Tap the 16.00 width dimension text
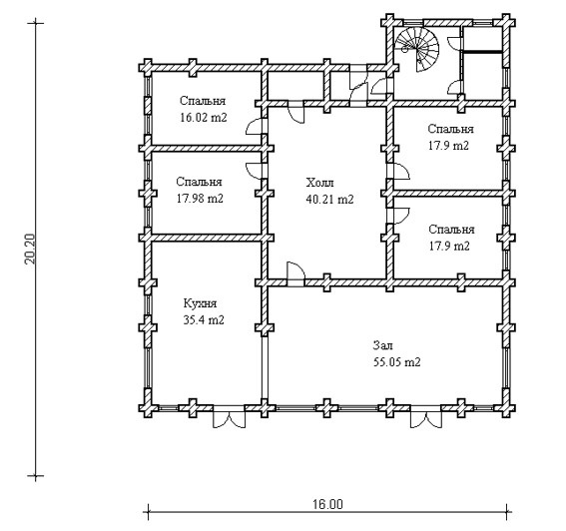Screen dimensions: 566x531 (x=327, y=504)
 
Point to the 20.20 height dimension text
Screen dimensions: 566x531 (x=31, y=249)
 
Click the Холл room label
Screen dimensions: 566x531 (x=319, y=183)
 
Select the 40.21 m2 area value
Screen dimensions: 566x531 (x=329, y=199)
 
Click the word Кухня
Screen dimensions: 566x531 (x=200, y=303)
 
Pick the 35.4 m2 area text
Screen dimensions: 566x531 (x=204, y=319)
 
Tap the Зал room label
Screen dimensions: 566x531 (x=383, y=345)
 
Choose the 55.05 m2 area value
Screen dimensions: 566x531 (x=396, y=361)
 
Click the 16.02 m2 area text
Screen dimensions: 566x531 (x=204, y=118)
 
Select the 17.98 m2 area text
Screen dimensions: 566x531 (x=200, y=199)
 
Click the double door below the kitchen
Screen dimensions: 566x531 (x=229, y=417)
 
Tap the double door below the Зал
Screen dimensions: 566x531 (x=425, y=417)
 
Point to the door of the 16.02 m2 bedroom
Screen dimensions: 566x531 (x=257, y=126)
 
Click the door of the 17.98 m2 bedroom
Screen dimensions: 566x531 (x=257, y=171)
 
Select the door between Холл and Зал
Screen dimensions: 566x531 (x=296, y=273)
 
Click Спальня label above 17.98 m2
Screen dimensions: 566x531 (x=199, y=182)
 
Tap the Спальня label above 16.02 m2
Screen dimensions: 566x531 (x=203, y=101)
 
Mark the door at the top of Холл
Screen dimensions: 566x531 (x=296, y=112)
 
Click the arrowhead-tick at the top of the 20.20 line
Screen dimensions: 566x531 (x=35, y=24)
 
